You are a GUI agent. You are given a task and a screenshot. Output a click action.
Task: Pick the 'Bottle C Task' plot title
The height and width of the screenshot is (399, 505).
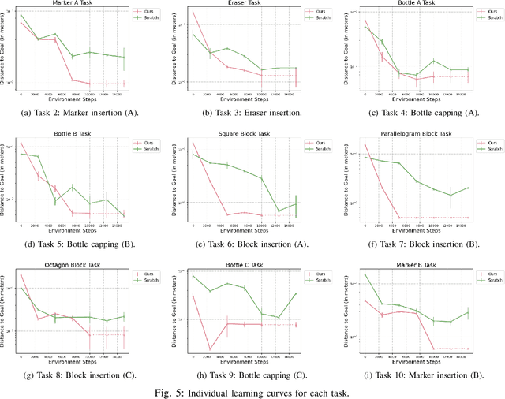(x=245, y=265)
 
